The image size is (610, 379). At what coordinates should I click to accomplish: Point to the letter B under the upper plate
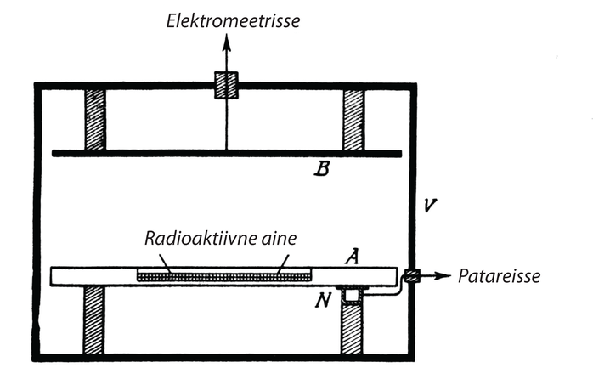click(x=321, y=170)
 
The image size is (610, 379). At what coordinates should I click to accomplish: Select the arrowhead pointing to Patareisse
click(x=444, y=275)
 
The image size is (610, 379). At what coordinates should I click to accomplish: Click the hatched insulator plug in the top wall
click(x=226, y=84)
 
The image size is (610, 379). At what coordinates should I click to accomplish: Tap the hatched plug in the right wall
click(x=411, y=275)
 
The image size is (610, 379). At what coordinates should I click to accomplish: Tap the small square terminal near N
click(x=350, y=295)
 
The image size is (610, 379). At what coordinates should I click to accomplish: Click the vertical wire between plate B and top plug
click(x=226, y=123)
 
